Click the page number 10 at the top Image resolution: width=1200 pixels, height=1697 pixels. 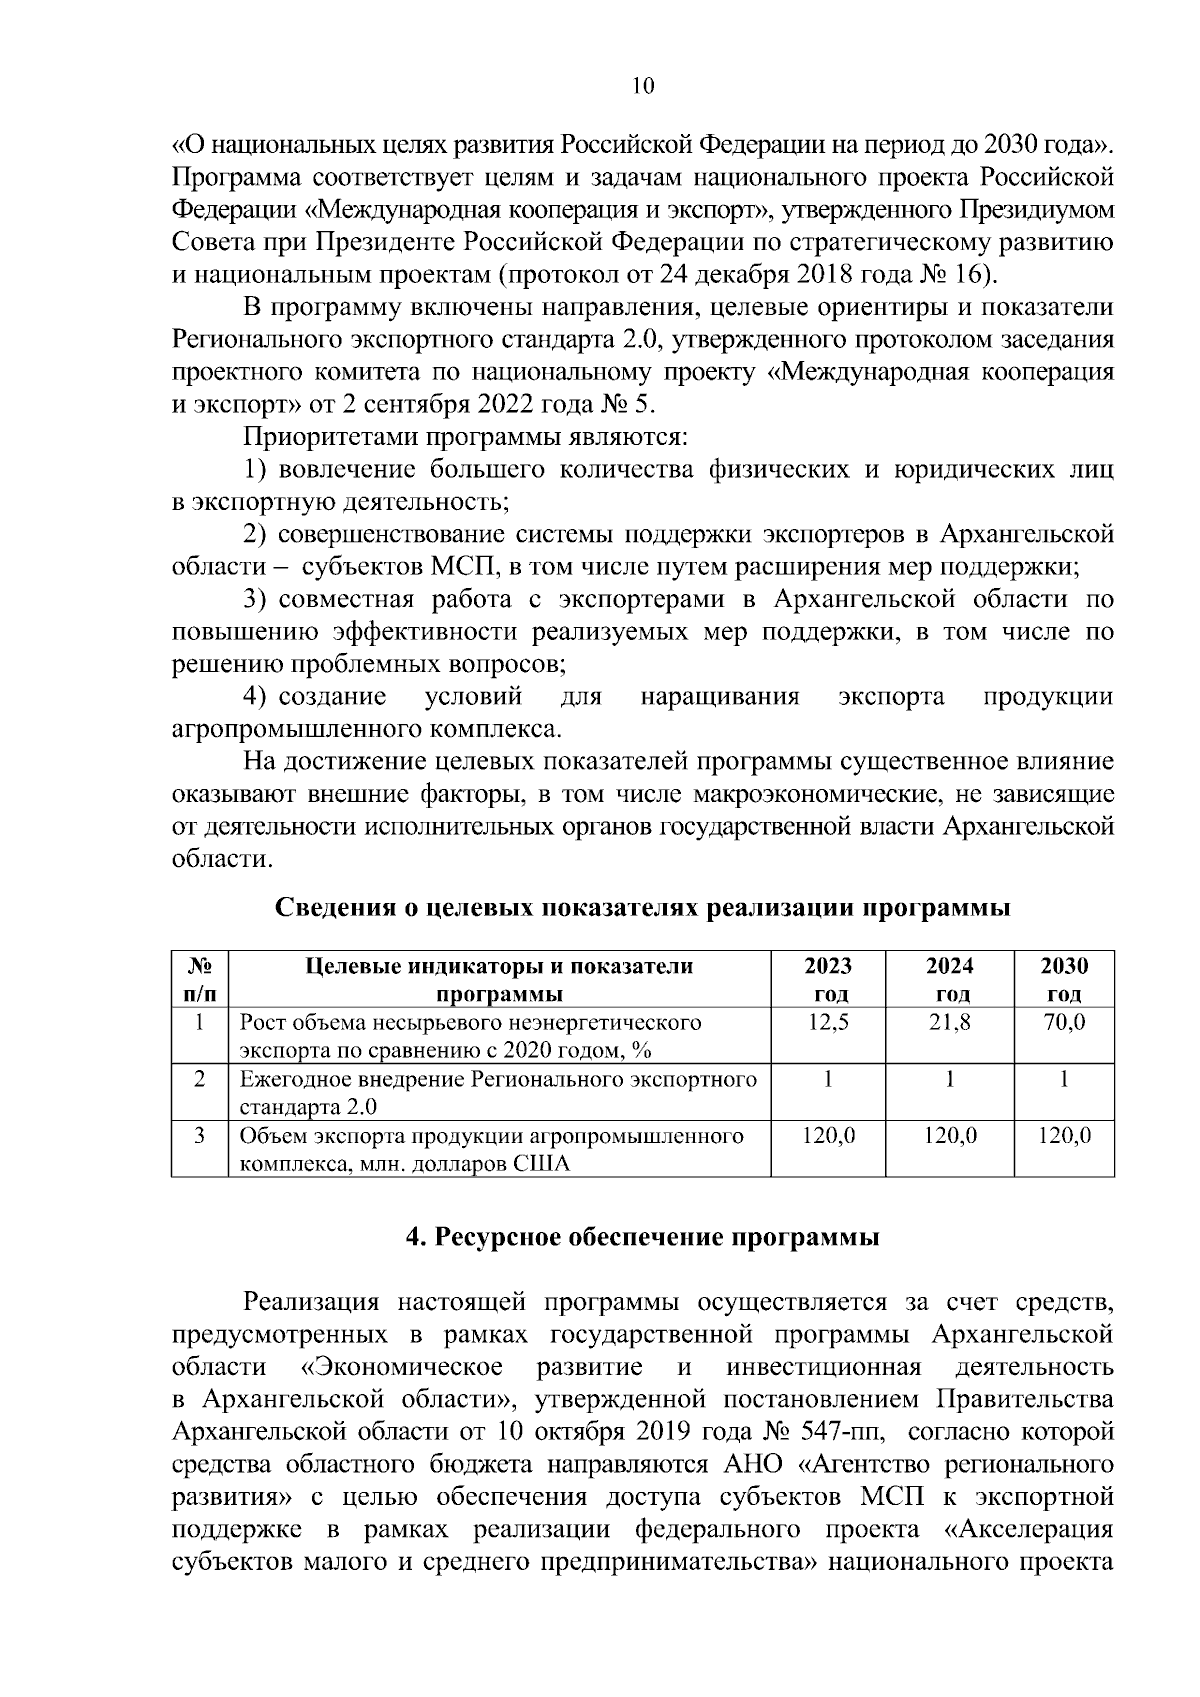click(642, 87)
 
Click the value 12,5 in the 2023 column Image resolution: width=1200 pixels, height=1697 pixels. click(827, 1023)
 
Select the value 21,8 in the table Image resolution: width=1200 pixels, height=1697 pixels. click(949, 1023)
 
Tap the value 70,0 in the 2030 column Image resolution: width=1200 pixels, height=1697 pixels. click(1064, 1023)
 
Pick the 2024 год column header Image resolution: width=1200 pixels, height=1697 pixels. click(949, 980)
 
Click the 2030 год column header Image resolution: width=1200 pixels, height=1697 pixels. click(1064, 980)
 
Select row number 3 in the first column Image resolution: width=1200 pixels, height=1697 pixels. click(200, 1136)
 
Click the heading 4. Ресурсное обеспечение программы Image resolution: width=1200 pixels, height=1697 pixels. click(642, 1238)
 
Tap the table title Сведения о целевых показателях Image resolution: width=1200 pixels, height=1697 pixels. click(642, 908)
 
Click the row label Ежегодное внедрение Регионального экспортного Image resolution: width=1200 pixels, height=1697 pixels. click(498, 1080)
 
